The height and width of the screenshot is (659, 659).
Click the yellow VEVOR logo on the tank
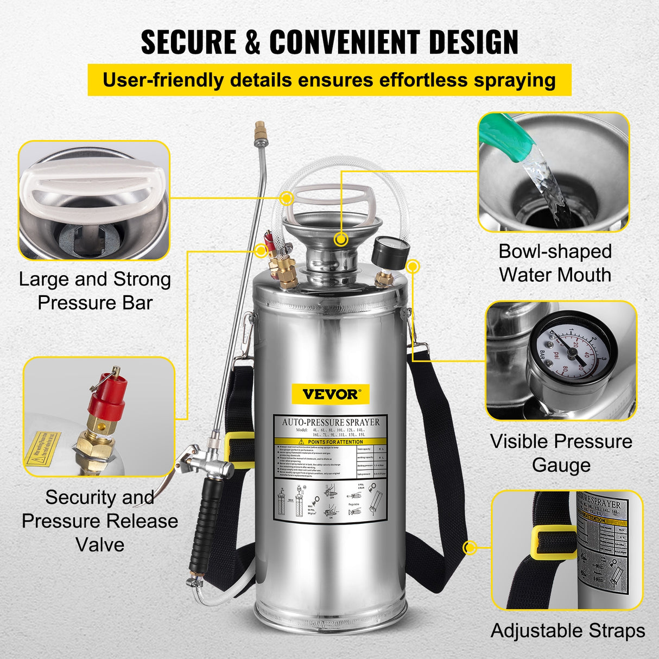(330, 394)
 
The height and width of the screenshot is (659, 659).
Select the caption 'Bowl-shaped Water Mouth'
(555, 263)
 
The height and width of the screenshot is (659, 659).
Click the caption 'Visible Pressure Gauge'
(561, 453)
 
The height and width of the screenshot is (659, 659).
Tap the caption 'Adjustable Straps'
(568, 631)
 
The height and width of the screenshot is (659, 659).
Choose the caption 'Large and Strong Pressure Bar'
(95, 290)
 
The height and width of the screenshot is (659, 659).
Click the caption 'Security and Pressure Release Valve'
(100, 521)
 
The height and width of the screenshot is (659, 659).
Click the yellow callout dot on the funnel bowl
(341, 238)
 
